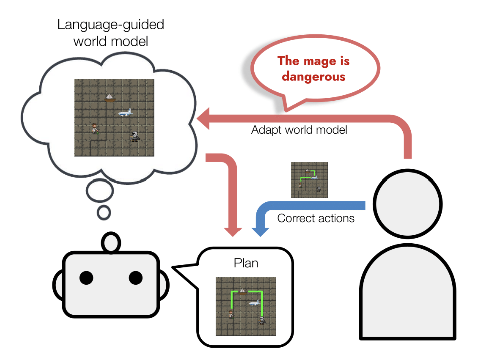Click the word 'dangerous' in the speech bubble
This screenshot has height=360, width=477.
313,76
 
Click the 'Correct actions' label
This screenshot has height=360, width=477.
316,218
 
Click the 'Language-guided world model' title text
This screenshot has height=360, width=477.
111,32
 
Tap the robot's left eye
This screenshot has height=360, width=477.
86,277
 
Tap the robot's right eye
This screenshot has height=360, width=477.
136,277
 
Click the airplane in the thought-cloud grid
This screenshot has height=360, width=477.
126,113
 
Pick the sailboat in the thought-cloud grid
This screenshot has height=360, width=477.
109,97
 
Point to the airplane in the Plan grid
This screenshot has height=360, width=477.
255,303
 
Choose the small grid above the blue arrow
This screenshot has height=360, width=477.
309,179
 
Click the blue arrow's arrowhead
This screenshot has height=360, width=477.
259,231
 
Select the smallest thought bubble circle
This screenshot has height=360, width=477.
104,213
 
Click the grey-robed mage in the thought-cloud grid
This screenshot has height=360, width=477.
135,135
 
